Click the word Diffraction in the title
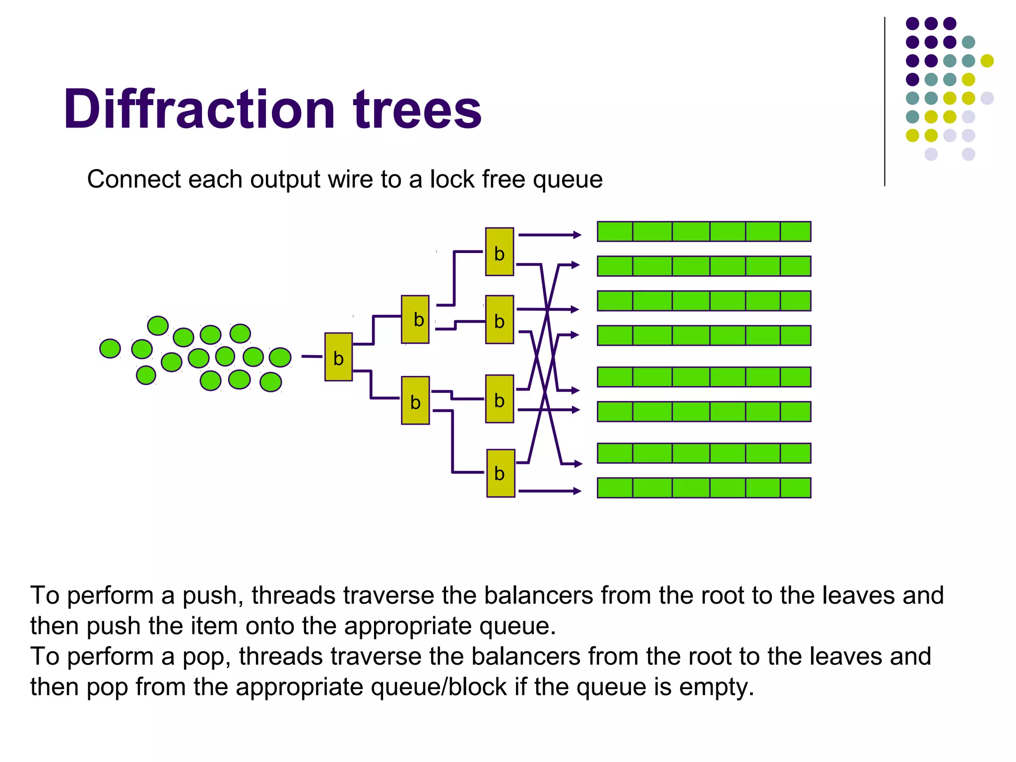pos(199,109)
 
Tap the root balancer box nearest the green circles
pos(338,357)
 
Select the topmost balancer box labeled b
pos(499,252)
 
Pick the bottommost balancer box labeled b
pos(500,473)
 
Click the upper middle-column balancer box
pos(415,319)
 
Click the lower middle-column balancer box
pos(415,401)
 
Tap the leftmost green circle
pos(110,348)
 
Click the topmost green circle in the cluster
pos(158,326)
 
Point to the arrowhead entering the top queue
pos(577,235)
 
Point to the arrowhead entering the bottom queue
pos(577,491)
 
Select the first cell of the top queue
pos(615,232)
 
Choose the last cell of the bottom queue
pos(795,488)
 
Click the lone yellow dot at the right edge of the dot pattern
pos(987,61)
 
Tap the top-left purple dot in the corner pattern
pos(912,23)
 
